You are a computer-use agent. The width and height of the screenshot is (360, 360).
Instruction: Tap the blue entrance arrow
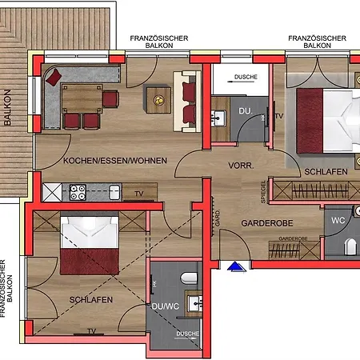pos(234,266)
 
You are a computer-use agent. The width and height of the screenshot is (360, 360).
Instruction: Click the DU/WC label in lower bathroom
pos(165,305)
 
